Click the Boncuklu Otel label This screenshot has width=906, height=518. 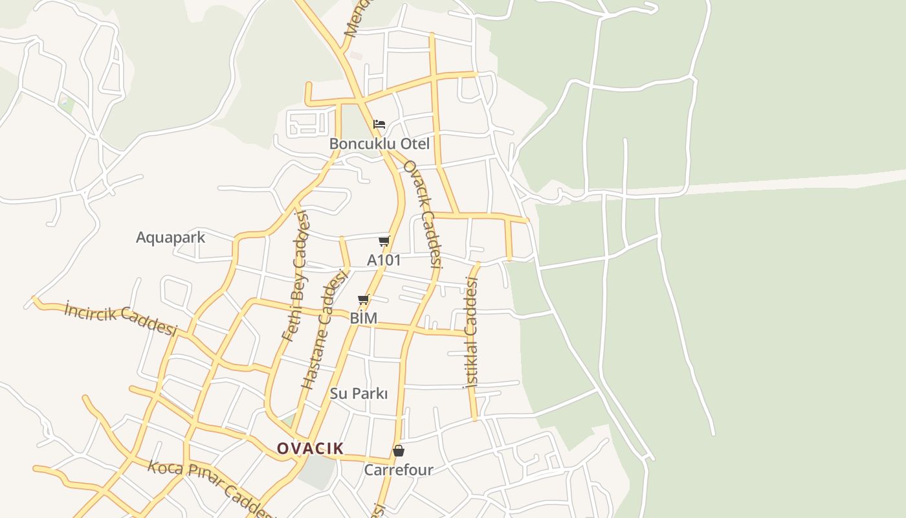(x=379, y=144)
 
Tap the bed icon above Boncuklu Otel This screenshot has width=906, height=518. (x=379, y=124)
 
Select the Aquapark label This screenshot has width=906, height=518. (x=170, y=238)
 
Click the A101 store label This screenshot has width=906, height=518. (x=384, y=260)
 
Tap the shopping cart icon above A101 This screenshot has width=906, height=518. (x=384, y=242)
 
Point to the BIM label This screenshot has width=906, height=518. (x=363, y=319)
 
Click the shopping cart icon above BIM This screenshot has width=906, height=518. (x=363, y=300)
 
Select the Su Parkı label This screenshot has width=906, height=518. (x=359, y=394)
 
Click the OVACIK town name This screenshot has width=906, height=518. (x=310, y=448)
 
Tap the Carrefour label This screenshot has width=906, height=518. (x=399, y=470)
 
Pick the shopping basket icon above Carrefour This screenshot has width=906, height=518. (x=399, y=451)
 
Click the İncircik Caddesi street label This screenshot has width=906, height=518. (x=120, y=319)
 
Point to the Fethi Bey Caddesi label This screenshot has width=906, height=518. (x=296, y=276)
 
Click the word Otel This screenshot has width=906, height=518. (x=414, y=144)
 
